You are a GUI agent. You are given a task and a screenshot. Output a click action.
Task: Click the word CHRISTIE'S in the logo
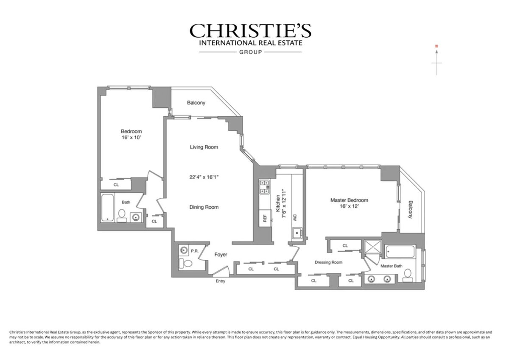(250, 31)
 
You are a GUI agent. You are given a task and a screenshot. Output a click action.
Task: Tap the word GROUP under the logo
(250, 52)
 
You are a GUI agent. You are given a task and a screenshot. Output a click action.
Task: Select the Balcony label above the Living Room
(196, 103)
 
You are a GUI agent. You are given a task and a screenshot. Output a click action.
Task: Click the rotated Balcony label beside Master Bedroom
(410, 209)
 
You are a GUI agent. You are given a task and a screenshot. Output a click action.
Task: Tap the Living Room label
(204, 147)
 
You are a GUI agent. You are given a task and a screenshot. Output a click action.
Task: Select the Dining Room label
(204, 207)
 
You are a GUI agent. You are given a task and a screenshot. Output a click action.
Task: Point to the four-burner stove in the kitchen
(266, 187)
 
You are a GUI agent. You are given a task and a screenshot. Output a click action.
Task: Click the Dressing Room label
(328, 262)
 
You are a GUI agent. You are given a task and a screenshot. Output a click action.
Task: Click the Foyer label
(221, 255)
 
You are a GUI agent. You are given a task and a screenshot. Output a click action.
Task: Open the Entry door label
(221, 281)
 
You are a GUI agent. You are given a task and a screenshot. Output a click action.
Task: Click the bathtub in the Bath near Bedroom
(108, 208)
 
